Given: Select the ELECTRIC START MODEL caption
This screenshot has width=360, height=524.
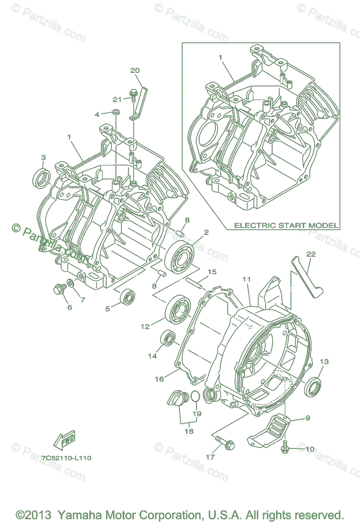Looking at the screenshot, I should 286,225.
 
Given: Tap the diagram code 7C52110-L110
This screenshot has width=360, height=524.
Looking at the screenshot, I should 67,458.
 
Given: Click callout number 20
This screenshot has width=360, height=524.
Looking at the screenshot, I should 135,70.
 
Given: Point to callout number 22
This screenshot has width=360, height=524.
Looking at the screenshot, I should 311,254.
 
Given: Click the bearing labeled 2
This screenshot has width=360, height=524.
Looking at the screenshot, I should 180,260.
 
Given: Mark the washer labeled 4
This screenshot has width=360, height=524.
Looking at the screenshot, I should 116,113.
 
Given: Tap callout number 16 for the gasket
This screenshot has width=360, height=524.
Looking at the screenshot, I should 159,379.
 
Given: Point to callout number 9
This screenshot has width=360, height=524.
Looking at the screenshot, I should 308,418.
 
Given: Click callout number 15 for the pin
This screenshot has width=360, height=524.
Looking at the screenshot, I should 212,272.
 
